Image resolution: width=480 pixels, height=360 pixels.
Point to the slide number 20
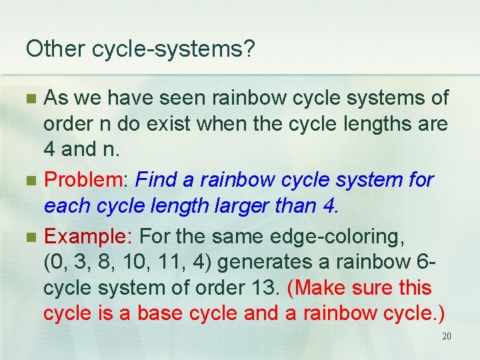(x=447, y=336)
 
